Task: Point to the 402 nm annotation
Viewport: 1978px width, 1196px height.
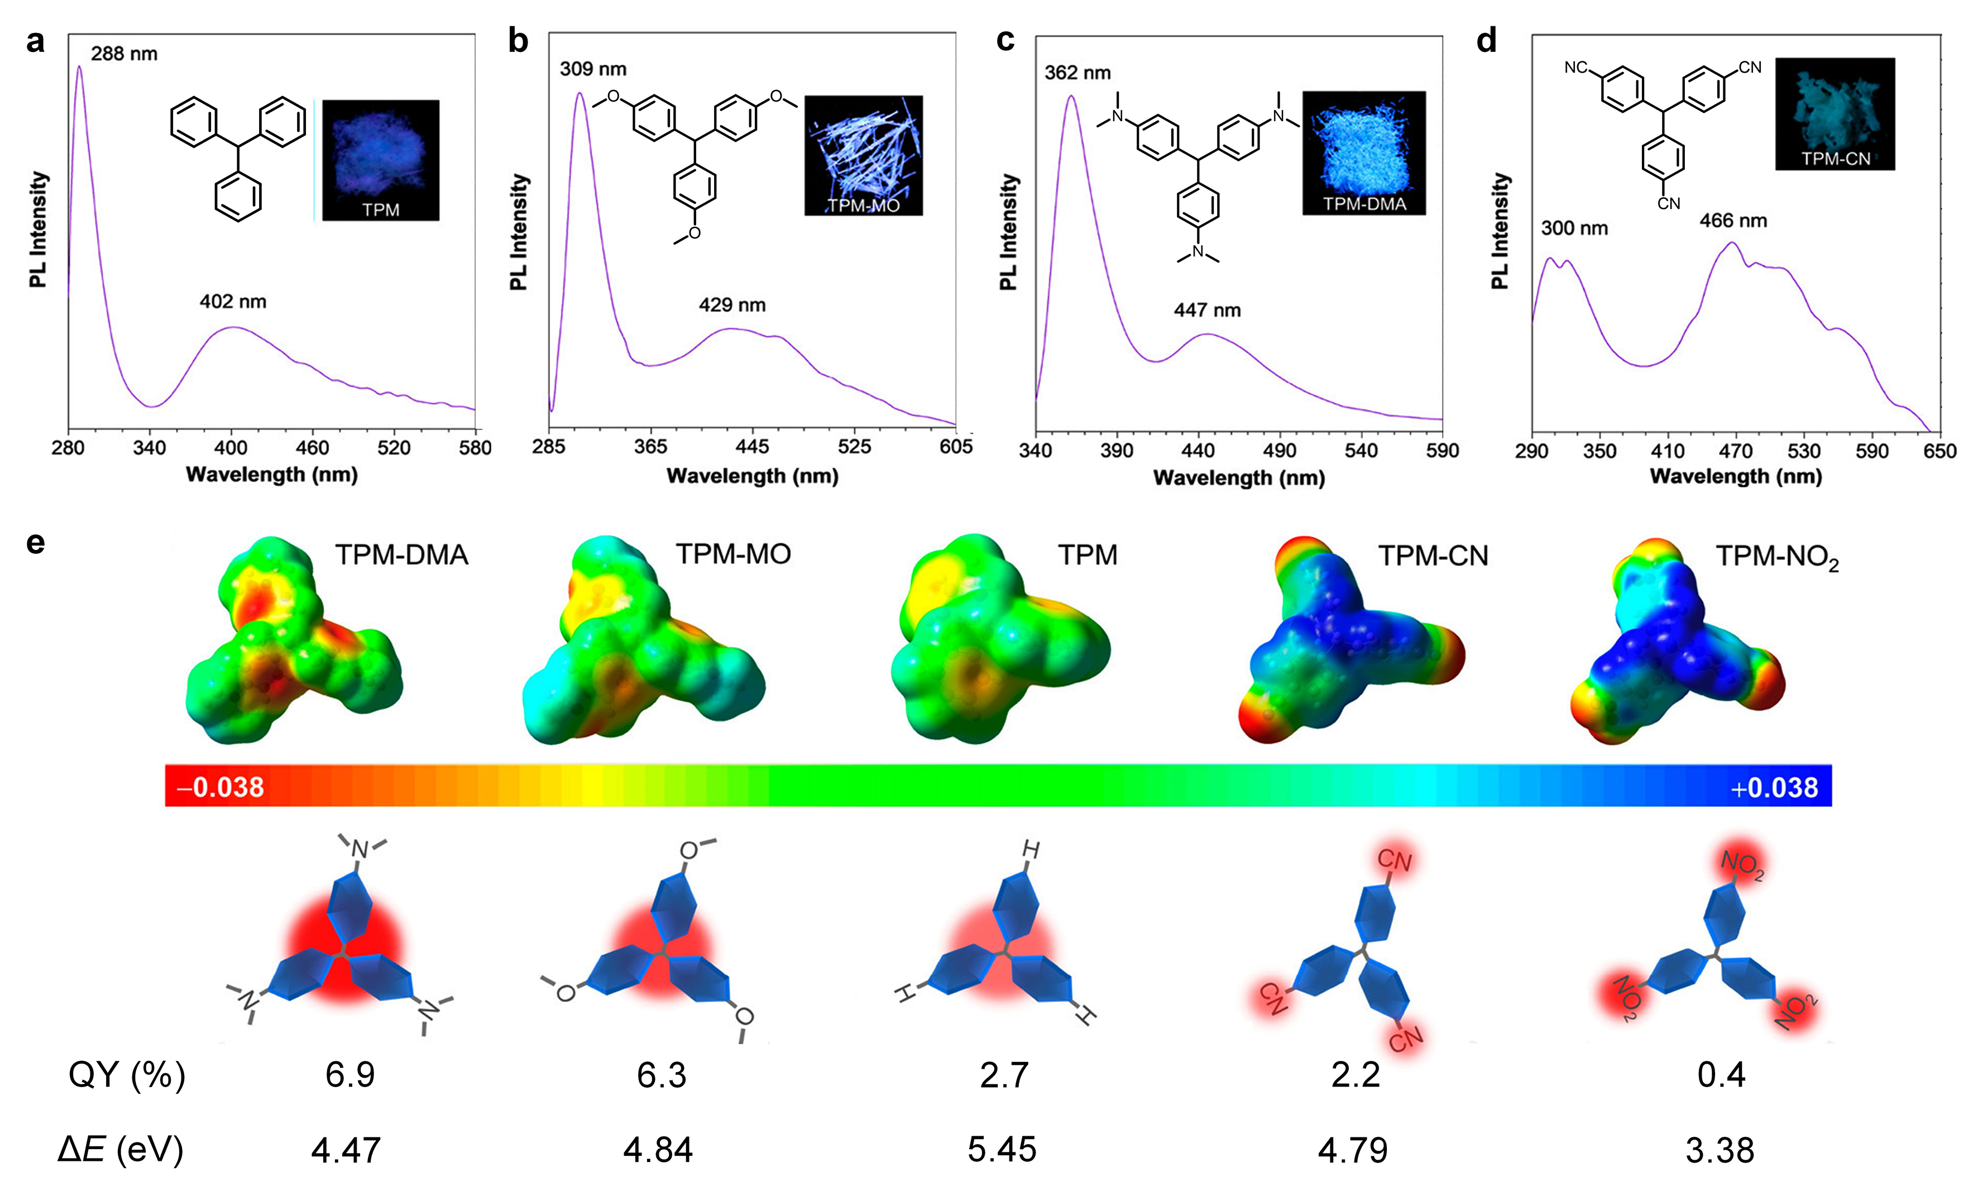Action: pyautogui.click(x=233, y=302)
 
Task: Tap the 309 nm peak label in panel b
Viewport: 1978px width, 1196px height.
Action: pyautogui.click(x=593, y=69)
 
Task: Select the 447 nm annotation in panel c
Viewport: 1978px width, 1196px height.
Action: pyautogui.click(x=1208, y=310)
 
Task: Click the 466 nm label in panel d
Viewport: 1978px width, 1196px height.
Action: pyautogui.click(x=1733, y=221)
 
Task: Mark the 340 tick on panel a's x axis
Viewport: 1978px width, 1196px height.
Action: pyautogui.click(x=149, y=448)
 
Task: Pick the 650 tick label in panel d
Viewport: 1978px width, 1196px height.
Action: pyautogui.click(x=1939, y=451)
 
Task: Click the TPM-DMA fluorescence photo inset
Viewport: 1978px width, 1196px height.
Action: pyautogui.click(x=1364, y=152)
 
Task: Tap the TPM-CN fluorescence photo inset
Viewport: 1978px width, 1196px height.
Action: pyautogui.click(x=1835, y=114)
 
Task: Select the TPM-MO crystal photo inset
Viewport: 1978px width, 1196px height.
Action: pyautogui.click(x=864, y=156)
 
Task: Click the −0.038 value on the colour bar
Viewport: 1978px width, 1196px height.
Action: pyautogui.click(x=220, y=787)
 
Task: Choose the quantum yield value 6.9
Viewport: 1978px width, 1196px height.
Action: pyautogui.click(x=350, y=1074)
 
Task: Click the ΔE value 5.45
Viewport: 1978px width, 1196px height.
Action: pyautogui.click(x=1002, y=1150)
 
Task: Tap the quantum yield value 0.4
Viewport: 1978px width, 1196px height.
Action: pyautogui.click(x=1721, y=1074)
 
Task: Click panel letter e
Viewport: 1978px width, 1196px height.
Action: pyautogui.click(x=35, y=543)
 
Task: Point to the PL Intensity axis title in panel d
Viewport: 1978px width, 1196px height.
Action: pyautogui.click(x=1500, y=231)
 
